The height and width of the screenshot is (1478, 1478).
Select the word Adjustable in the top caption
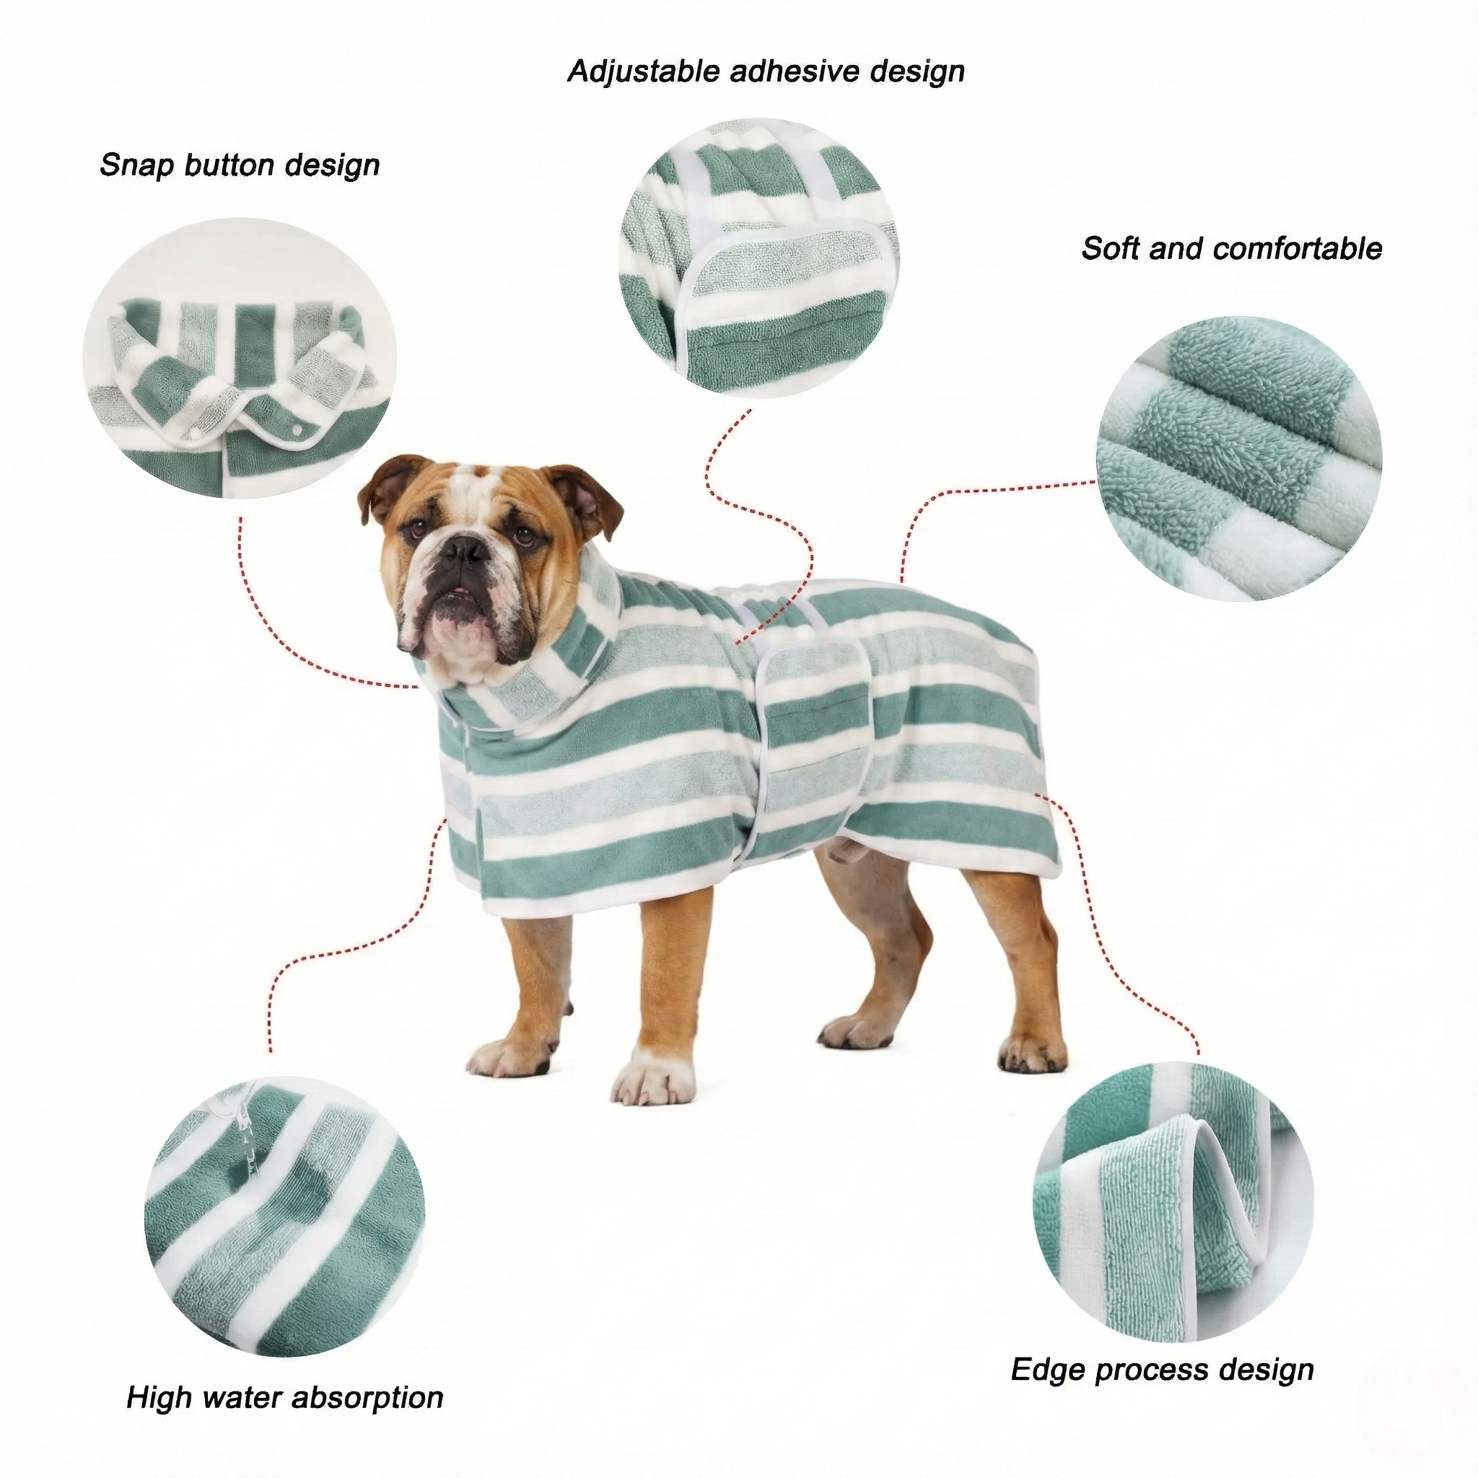pos(643,72)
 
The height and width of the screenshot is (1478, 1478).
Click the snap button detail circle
pos(240,358)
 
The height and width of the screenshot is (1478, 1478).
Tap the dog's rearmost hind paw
pos(1031,1054)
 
